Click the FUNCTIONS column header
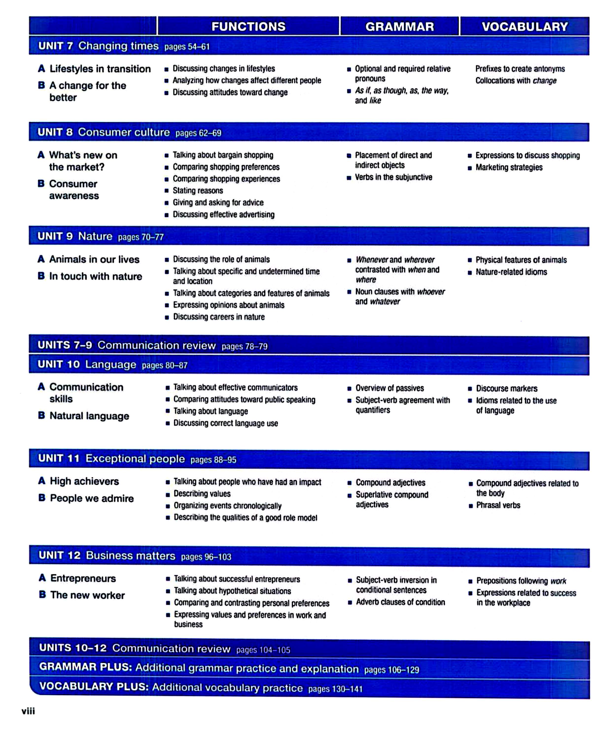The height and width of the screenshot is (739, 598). (x=248, y=27)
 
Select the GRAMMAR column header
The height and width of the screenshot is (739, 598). (x=400, y=27)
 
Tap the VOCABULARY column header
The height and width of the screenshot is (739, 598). (x=525, y=27)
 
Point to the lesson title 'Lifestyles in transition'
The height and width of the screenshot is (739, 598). (x=100, y=69)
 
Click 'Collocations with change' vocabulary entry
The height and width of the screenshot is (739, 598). (x=516, y=81)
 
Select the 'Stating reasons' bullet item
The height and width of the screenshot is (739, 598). (x=198, y=191)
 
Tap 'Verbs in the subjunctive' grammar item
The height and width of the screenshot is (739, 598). (x=393, y=177)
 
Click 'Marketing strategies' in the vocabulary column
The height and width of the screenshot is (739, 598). (x=509, y=168)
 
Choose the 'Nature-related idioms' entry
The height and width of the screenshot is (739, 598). (x=511, y=272)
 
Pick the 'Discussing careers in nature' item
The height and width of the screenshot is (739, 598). (x=219, y=317)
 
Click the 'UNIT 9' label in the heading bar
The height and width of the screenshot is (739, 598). (x=55, y=236)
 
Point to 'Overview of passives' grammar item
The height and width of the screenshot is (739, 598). (x=390, y=388)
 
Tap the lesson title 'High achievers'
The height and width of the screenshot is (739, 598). (x=84, y=481)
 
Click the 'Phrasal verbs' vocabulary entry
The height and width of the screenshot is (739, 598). (x=498, y=505)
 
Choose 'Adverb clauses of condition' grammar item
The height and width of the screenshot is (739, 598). (x=400, y=602)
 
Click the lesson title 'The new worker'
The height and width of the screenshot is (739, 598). (x=88, y=595)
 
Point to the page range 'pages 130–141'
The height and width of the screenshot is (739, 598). (x=335, y=689)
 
